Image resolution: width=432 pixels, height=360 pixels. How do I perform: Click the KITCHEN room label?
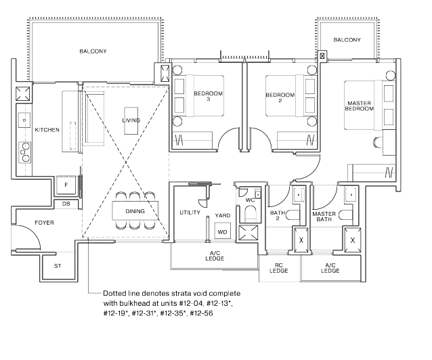(x=47, y=129)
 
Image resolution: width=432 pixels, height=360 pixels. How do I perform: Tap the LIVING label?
(x=131, y=120)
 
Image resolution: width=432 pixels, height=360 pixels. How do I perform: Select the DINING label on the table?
(x=135, y=211)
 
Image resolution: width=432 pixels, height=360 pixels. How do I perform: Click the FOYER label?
(x=45, y=223)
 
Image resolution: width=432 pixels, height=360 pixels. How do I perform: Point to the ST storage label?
(x=58, y=265)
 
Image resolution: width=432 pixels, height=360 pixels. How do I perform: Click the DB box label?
(x=66, y=203)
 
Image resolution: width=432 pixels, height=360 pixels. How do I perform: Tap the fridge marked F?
(x=66, y=185)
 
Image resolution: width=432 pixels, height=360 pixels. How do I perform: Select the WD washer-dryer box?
(x=222, y=232)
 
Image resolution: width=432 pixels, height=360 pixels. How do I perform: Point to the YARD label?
(x=222, y=216)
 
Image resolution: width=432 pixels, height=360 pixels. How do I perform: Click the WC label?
(x=250, y=200)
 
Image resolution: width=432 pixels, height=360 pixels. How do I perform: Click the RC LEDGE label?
(x=278, y=268)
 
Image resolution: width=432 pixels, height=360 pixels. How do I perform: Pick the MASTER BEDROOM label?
(x=360, y=106)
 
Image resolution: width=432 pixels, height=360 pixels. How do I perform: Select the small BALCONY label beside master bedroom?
(x=347, y=41)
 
